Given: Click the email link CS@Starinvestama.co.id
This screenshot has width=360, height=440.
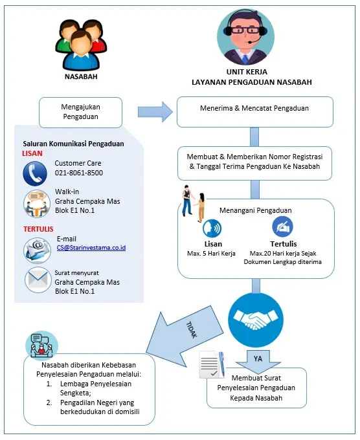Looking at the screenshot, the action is click(91, 248).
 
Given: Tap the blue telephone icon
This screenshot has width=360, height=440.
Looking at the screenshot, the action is click(35, 174).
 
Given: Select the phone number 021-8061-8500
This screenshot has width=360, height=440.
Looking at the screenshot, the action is click(79, 173).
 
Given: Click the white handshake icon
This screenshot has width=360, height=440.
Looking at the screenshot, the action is click(256, 320).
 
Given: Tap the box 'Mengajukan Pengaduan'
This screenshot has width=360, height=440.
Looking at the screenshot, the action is click(80, 112).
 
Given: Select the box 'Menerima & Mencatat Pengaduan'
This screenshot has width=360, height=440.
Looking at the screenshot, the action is click(255, 112).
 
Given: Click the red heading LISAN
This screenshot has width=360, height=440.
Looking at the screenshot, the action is click(32, 153).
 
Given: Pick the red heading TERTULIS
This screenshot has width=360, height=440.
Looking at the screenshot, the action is click(38, 229).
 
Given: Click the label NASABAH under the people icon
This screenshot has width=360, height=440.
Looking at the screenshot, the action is click(81, 76).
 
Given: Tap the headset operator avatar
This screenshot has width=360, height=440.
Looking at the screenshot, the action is click(245, 37).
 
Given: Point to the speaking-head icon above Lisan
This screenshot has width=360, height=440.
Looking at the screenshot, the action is click(212, 228).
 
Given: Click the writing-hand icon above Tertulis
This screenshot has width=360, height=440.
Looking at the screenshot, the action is click(282, 226).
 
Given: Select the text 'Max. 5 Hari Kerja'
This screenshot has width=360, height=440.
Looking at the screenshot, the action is click(211, 254).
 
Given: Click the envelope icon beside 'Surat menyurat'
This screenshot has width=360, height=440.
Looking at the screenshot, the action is click(38, 280).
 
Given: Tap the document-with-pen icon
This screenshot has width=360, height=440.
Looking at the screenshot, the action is click(212, 365).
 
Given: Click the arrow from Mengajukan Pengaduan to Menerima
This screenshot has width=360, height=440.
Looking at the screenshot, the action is click(155, 112).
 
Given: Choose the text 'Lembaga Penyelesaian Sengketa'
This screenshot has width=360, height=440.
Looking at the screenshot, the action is click(96, 388).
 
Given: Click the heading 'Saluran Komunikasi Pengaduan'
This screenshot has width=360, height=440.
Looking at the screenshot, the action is click(73, 144).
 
